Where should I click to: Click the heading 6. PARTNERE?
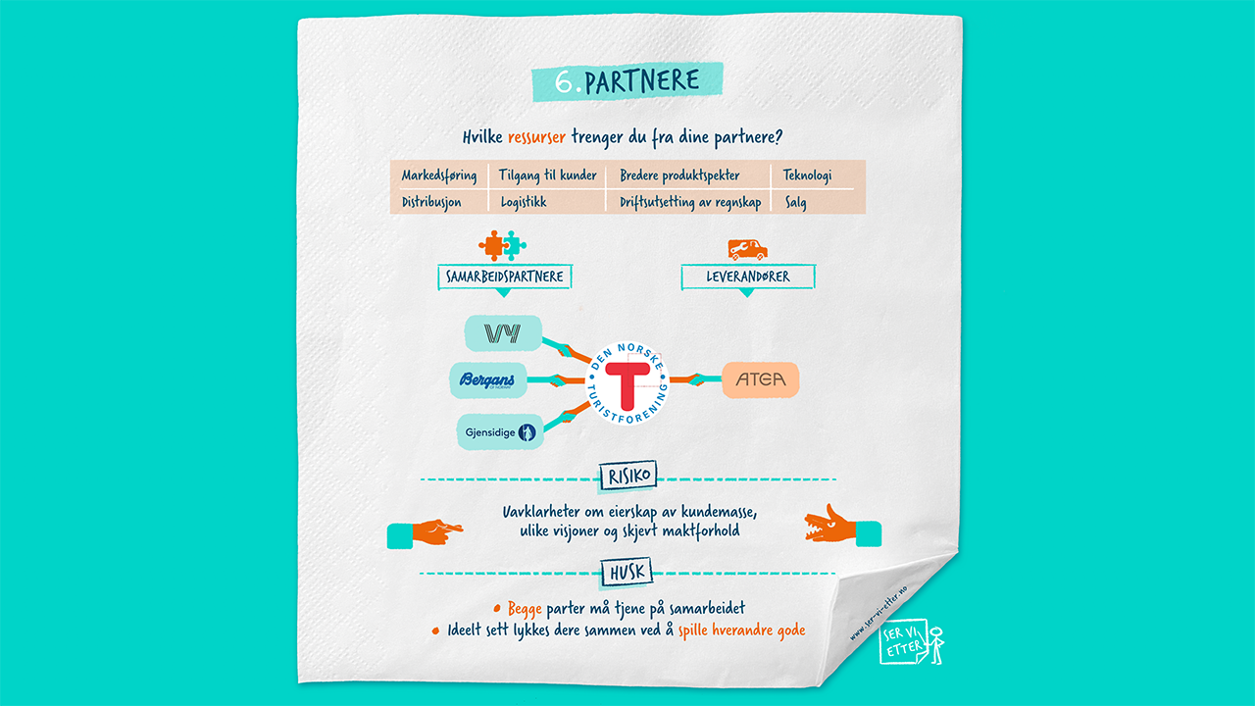(x=627, y=81)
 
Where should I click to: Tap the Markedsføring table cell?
(x=438, y=176)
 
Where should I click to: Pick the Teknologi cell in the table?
(x=807, y=176)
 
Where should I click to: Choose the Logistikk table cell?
(x=523, y=202)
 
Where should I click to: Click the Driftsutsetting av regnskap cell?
(x=689, y=202)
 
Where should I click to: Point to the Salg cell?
(x=795, y=202)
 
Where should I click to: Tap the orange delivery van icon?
(x=747, y=249)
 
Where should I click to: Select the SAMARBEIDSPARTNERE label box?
(x=504, y=277)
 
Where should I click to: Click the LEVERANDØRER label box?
(x=748, y=277)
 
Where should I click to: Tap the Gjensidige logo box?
(x=498, y=431)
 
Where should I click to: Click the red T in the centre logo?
(x=627, y=382)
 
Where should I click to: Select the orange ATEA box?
(x=761, y=380)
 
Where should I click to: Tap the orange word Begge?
(x=525, y=609)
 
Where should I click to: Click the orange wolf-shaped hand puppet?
(x=828, y=526)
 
